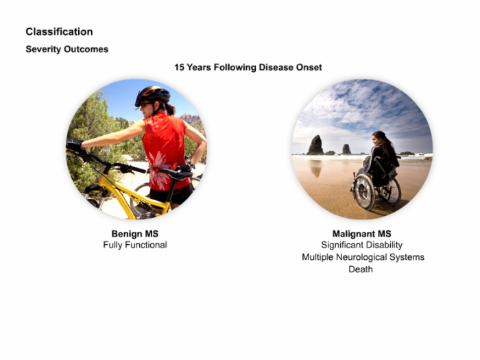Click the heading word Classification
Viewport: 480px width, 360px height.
click(59, 32)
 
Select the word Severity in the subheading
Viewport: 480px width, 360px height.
click(44, 49)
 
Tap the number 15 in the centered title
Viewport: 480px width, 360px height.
click(179, 67)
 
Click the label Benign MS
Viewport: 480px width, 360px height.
click(135, 234)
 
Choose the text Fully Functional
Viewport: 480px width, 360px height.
click(135, 245)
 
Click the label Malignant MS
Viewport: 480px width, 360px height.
click(362, 234)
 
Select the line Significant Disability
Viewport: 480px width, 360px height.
click(362, 245)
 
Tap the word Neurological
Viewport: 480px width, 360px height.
click(361, 257)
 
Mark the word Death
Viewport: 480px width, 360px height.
click(361, 269)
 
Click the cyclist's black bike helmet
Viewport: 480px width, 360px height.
click(152, 95)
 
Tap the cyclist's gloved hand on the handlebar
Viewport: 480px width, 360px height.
click(74, 145)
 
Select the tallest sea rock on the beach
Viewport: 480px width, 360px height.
click(315, 145)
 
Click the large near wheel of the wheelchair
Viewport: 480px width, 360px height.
click(364, 191)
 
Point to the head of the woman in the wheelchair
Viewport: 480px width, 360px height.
click(379, 139)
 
